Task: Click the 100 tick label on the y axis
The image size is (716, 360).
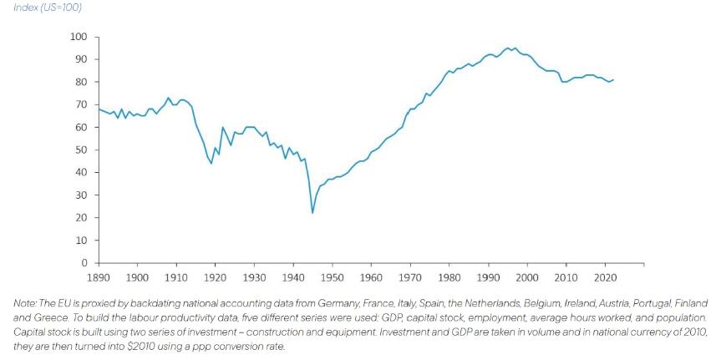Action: (x=79, y=37)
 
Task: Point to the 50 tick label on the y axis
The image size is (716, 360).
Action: (x=81, y=150)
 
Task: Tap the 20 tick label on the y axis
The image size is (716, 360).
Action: (x=81, y=218)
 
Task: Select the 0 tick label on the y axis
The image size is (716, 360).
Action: (x=84, y=263)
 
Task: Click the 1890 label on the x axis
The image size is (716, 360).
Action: (x=99, y=276)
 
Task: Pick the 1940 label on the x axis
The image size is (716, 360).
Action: (x=293, y=276)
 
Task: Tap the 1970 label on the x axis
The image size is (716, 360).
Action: (x=410, y=276)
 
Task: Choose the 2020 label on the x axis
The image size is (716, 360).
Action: (x=605, y=276)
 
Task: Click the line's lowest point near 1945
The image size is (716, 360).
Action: (x=312, y=213)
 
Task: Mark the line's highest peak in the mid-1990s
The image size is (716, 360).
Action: (x=508, y=48)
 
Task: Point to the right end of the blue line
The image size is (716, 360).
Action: (x=613, y=80)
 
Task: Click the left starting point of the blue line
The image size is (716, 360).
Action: (x=99, y=109)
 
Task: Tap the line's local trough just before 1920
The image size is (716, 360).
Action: (x=211, y=163)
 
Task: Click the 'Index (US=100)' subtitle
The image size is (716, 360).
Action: (x=47, y=8)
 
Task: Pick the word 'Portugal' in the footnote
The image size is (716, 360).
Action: (x=655, y=302)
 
